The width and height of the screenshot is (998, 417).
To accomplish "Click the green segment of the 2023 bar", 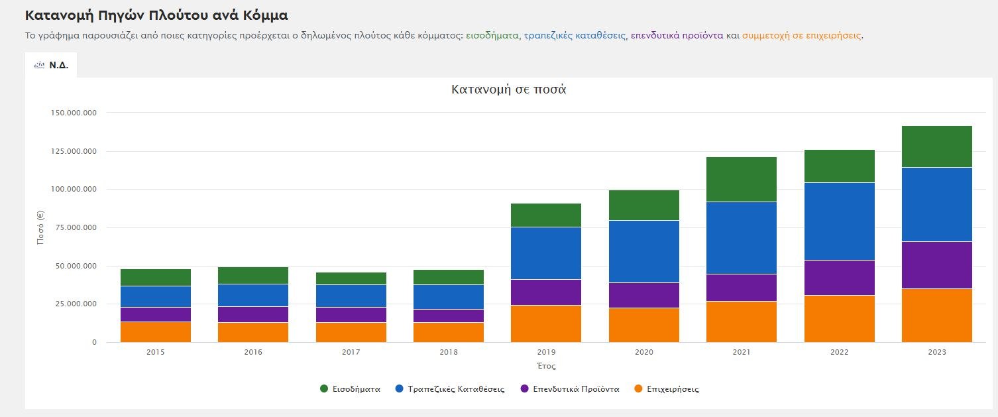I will click(x=936, y=147).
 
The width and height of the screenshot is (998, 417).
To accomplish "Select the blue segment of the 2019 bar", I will click(x=546, y=253).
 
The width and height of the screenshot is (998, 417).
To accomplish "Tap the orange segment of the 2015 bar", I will click(x=156, y=331).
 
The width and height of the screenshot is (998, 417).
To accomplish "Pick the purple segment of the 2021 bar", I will click(x=742, y=288).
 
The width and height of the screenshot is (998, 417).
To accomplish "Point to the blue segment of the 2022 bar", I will click(x=839, y=221).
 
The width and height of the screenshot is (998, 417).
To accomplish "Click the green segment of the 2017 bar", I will click(x=351, y=278).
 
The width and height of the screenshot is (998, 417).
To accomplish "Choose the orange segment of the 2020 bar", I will click(x=644, y=325).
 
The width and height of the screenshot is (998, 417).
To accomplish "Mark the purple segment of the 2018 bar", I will click(x=449, y=316).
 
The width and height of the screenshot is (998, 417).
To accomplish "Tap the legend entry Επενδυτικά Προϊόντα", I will click(x=575, y=389).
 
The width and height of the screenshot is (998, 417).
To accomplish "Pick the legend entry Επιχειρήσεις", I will click(x=672, y=389).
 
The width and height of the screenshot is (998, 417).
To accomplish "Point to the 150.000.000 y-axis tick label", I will click(x=73, y=113).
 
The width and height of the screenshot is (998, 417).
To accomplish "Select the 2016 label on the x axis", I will click(x=253, y=352).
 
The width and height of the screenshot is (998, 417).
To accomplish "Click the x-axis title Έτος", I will click(x=546, y=366).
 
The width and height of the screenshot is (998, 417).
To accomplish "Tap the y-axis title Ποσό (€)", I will click(x=40, y=227).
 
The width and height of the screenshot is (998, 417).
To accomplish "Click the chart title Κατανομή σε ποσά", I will click(x=508, y=89).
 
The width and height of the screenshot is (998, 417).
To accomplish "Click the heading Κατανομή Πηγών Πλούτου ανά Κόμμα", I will click(x=156, y=15).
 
